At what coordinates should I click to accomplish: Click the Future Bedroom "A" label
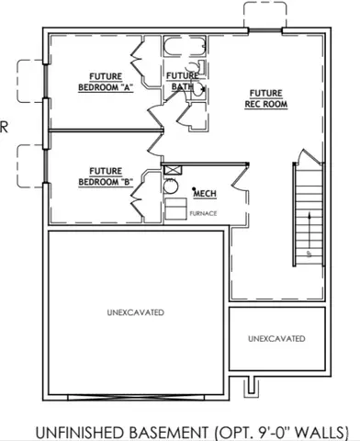pos(110,81)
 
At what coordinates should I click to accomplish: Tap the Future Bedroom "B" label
pos(110,175)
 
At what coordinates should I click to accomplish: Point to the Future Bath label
pos(182,81)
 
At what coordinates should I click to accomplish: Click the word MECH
pos(204,193)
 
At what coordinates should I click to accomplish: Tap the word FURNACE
pos(203,214)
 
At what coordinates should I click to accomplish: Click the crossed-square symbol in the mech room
pos(170,170)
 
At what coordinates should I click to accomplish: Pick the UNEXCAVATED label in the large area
pos(135,313)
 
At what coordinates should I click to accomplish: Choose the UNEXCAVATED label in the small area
pos(276,339)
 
